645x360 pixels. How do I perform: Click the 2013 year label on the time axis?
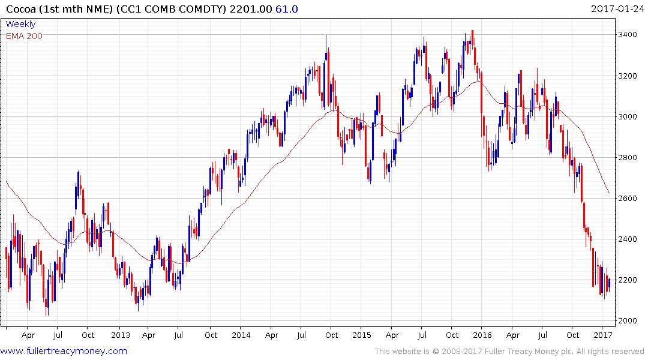tap(120, 335)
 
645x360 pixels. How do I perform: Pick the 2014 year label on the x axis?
tap(241, 335)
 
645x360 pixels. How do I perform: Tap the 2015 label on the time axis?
tap(362, 335)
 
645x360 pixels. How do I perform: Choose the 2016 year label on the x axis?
tap(483, 335)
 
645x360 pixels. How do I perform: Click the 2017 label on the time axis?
tap(603, 335)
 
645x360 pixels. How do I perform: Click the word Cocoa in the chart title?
tap(18, 9)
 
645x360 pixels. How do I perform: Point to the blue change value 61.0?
tap(286, 9)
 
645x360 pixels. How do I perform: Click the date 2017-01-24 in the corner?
tap(616, 9)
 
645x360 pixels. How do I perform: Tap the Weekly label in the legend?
tap(20, 24)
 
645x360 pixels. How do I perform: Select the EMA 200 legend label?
tap(24, 36)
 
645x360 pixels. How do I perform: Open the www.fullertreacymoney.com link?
tap(64, 351)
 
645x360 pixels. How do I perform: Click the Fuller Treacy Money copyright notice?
tap(509, 351)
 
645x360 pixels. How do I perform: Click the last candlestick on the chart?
tap(609, 284)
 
